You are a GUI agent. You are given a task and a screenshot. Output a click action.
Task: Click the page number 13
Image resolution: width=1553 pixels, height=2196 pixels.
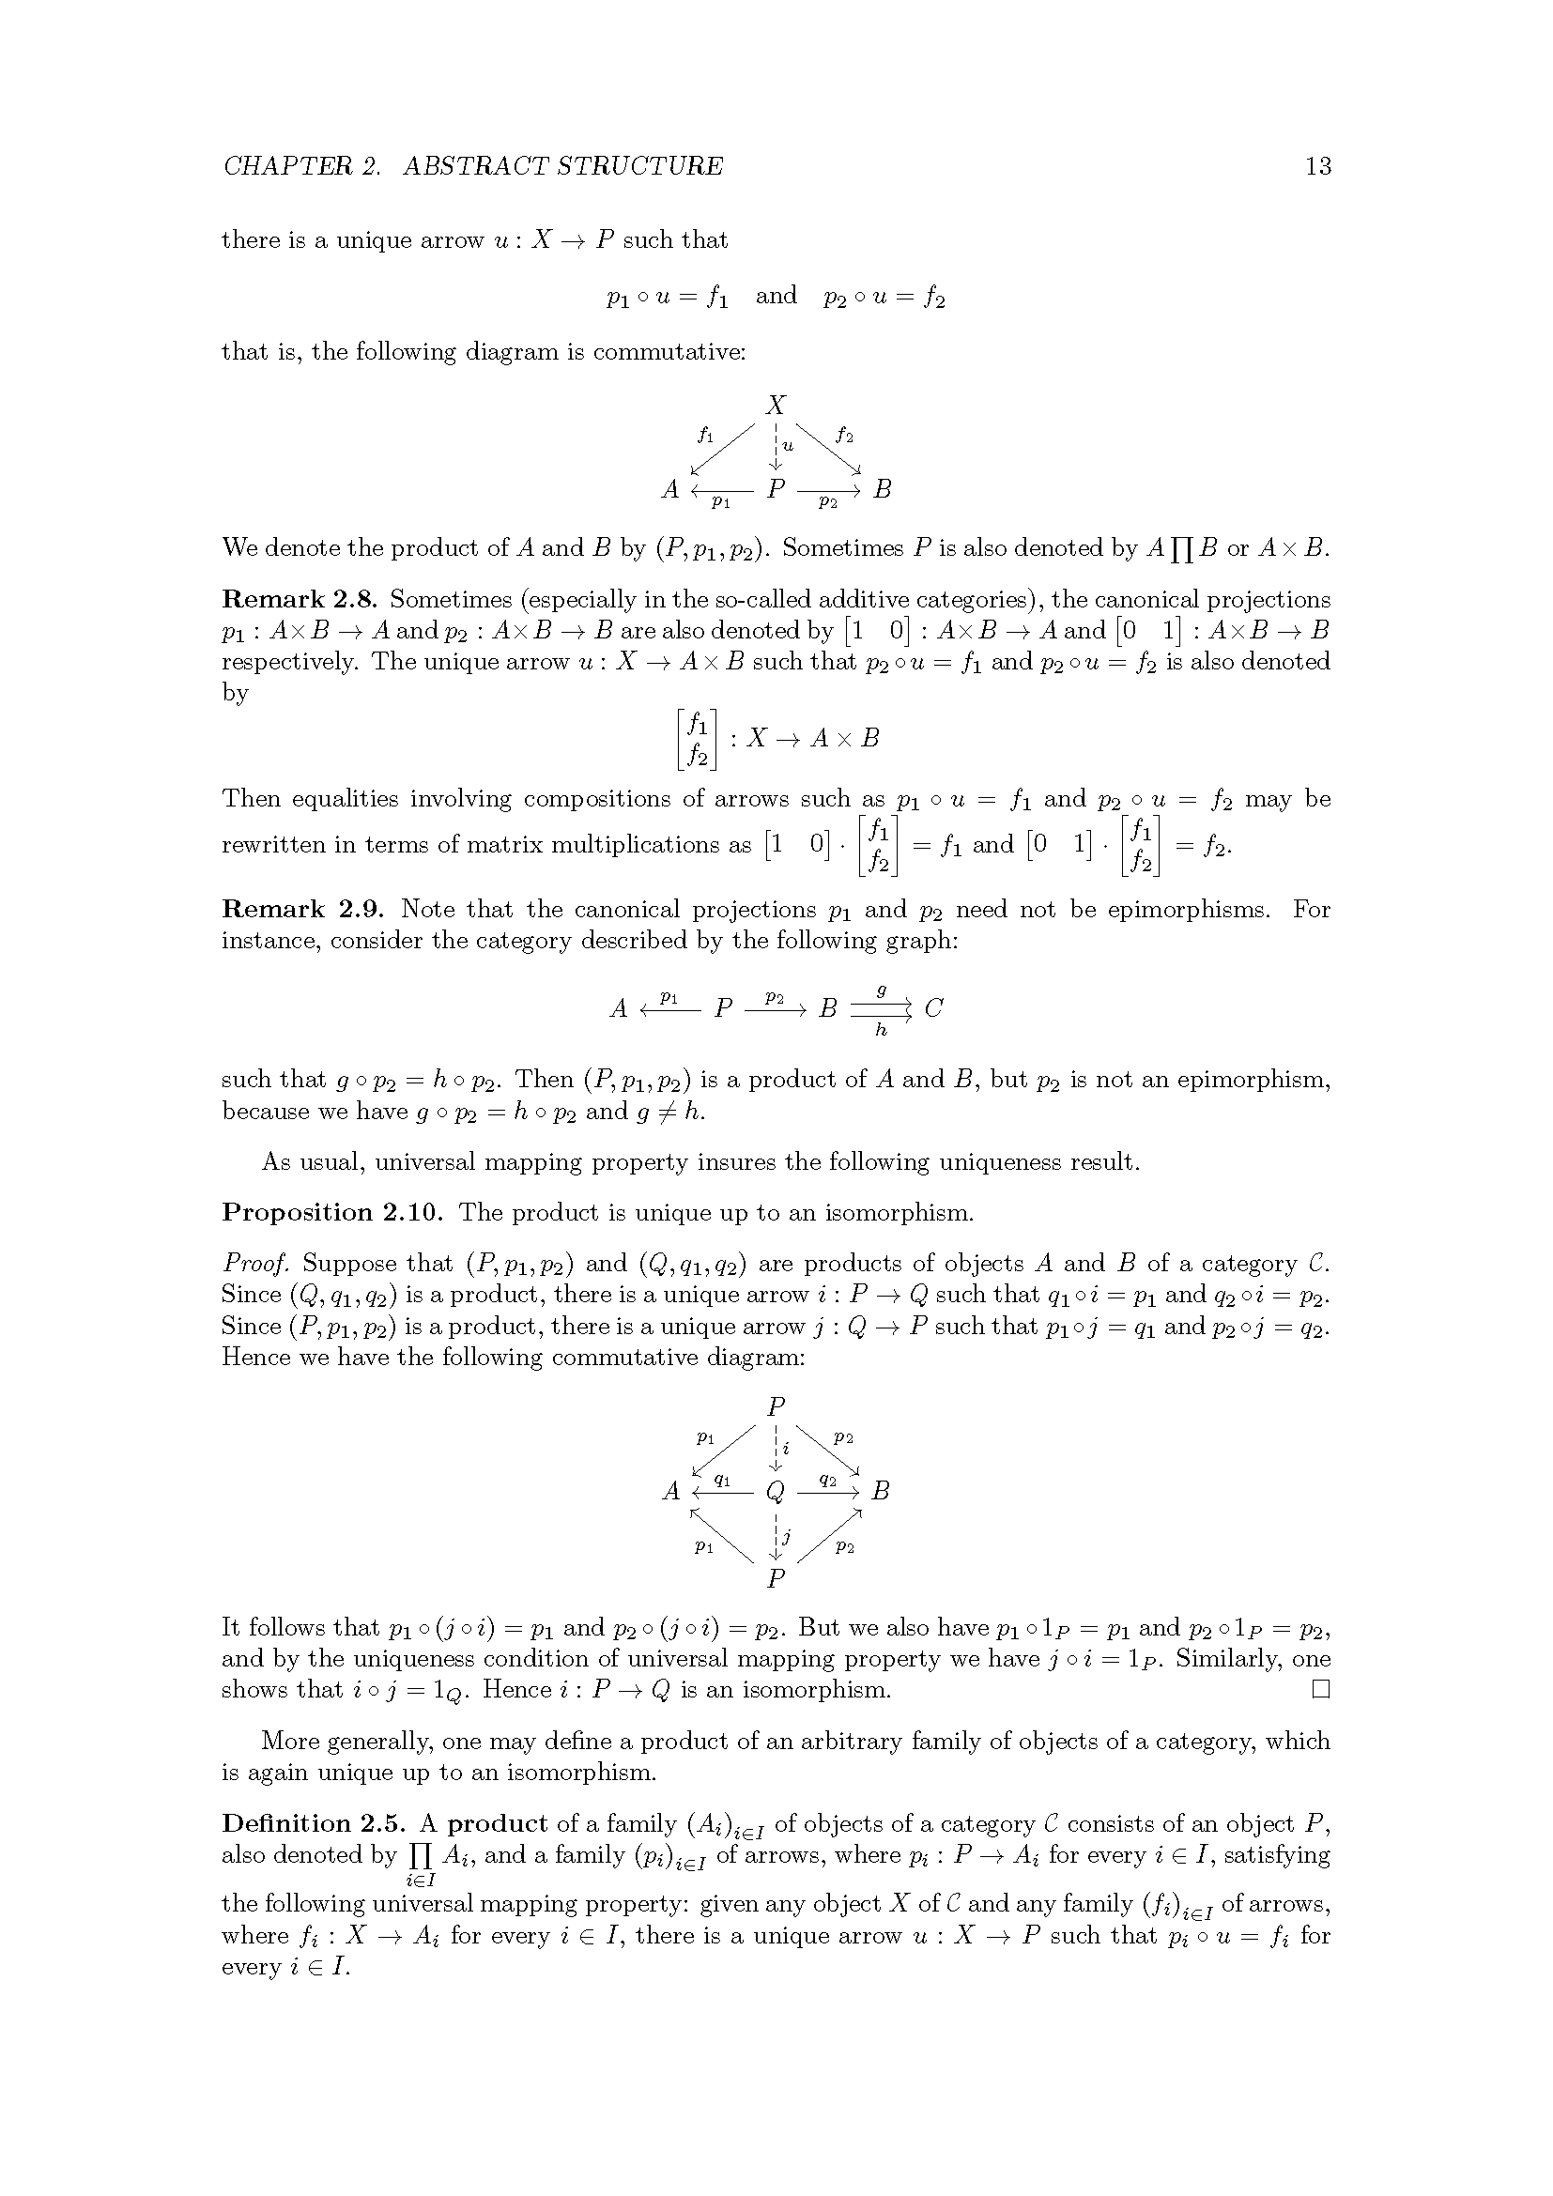pyautogui.click(x=1316, y=166)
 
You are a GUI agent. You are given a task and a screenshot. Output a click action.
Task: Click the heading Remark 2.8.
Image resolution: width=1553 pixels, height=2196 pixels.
pyautogui.click(x=300, y=600)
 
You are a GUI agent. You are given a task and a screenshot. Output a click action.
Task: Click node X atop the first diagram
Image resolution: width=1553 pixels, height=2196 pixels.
pyautogui.click(x=776, y=405)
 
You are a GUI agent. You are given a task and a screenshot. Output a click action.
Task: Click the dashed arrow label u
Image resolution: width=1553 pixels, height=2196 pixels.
pyautogui.click(x=788, y=445)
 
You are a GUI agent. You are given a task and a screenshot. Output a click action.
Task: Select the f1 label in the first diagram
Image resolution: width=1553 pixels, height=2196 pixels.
pyautogui.click(x=706, y=436)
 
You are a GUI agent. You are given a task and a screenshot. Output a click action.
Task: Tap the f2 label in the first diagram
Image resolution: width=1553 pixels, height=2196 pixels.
pyautogui.click(x=843, y=436)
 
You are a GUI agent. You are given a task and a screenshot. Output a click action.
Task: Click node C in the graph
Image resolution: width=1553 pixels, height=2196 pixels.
pyautogui.click(x=934, y=1008)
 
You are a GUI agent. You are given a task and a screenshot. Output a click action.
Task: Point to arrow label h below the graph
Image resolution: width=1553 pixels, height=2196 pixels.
pyautogui.click(x=881, y=1031)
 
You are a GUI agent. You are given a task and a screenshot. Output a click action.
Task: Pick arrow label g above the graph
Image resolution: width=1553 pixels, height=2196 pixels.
pyautogui.click(x=881, y=990)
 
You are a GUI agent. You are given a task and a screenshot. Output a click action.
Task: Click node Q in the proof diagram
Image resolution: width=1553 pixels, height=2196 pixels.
pyautogui.click(x=776, y=1491)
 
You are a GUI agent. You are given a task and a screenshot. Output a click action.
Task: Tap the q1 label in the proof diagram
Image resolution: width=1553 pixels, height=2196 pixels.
pyautogui.click(x=723, y=1480)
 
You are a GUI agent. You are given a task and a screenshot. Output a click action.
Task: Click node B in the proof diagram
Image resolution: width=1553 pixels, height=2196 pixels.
pyautogui.click(x=881, y=1491)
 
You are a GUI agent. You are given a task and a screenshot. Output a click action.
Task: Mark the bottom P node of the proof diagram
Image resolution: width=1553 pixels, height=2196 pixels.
pyautogui.click(x=776, y=1577)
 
